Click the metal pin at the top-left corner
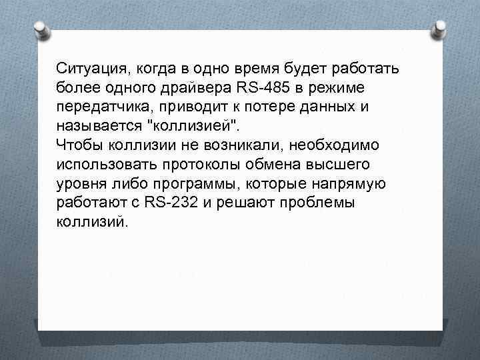click(x=40, y=29)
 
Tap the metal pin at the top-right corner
click(x=441, y=28)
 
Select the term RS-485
click(x=261, y=87)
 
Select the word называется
click(x=98, y=125)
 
